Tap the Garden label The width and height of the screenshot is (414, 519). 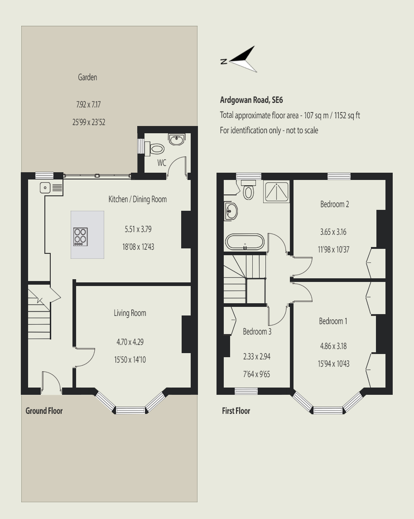pos(87,78)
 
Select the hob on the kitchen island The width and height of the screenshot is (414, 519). pos(81,237)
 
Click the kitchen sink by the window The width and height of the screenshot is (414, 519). pos(46,187)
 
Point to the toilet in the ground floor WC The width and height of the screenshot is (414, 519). pos(156,149)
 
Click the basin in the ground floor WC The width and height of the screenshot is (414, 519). pos(176,140)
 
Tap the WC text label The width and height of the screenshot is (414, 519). pos(162,163)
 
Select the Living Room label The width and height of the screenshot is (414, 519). pos(130,313)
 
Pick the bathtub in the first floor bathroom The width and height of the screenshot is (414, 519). pos(245,242)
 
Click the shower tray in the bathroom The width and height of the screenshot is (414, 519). pos(276,192)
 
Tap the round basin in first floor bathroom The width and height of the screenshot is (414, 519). pos(231,211)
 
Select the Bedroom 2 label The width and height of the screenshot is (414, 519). pos(334,204)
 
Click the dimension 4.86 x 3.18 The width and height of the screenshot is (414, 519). pos(334,346)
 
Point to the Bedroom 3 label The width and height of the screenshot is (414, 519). pos(257,332)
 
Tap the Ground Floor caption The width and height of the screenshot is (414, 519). pos(44,411)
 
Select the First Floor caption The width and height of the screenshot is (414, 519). pos(236,411)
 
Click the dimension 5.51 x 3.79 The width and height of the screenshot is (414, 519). pos(138,230)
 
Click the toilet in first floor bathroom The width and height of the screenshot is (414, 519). pos(248,191)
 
